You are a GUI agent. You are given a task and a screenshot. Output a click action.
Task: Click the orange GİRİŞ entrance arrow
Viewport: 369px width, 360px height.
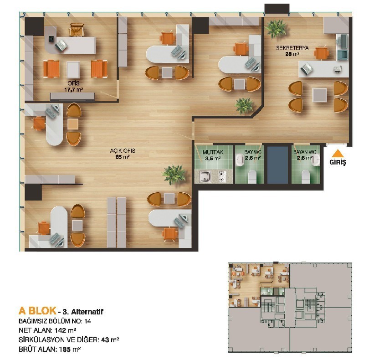[338, 153]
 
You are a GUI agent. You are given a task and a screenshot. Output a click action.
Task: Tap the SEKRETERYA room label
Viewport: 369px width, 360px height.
[292, 48]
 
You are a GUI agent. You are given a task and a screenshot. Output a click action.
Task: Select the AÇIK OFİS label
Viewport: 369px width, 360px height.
[123, 151]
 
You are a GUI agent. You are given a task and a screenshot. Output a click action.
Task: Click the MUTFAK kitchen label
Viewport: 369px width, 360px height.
[213, 152]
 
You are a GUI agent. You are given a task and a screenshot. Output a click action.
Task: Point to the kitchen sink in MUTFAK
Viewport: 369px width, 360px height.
[205, 176]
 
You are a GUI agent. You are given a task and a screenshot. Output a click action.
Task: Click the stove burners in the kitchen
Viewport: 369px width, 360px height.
[222, 177]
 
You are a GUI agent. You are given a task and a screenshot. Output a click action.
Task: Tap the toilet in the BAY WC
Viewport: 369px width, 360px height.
[252, 176]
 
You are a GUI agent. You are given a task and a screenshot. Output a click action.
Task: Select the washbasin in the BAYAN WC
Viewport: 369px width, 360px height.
[316, 160]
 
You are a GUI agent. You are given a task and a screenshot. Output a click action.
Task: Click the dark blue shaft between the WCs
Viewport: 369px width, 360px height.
[278, 165]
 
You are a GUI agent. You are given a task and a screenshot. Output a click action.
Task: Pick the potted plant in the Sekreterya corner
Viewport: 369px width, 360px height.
[275, 29]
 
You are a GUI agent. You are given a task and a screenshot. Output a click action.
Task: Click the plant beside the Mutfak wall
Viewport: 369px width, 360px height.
[174, 175]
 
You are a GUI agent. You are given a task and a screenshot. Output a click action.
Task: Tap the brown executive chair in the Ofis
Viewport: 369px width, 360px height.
[77, 30]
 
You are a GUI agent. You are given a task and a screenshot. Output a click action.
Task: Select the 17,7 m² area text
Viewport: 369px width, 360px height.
[74, 90]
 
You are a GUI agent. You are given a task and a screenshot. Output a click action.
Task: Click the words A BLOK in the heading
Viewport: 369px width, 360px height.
[37, 311]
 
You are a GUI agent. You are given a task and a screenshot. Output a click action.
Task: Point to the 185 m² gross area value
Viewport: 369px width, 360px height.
[70, 349]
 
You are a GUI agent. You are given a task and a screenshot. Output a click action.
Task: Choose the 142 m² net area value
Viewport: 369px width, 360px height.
[65, 330]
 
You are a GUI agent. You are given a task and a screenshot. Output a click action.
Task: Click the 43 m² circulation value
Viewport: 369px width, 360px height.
[110, 340]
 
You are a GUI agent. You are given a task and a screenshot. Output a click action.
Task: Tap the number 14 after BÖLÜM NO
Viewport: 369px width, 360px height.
[87, 321]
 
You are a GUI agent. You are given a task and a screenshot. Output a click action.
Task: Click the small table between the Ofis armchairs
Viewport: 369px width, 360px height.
[73, 69]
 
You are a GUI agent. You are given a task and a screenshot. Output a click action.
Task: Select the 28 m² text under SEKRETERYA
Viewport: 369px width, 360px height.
[292, 54]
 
